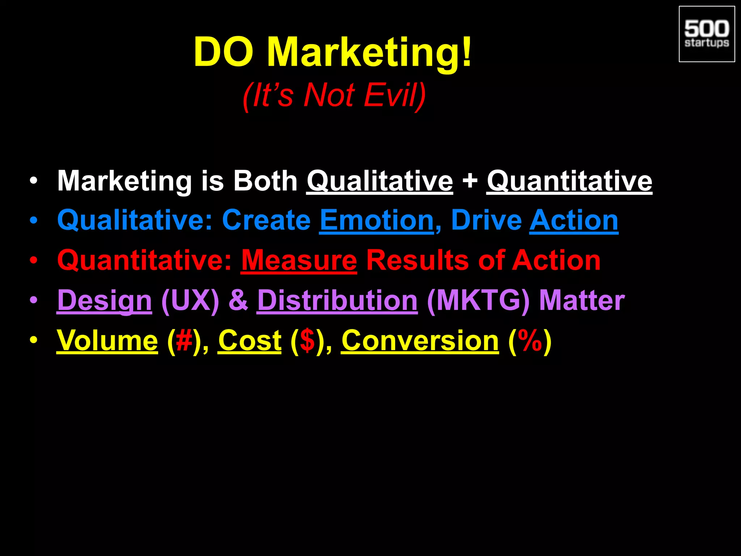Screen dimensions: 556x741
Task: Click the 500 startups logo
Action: (707, 34)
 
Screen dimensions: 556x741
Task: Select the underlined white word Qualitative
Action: (380, 181)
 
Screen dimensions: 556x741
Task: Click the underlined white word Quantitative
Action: (569, 181)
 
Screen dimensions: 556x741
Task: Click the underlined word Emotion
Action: (377, 220)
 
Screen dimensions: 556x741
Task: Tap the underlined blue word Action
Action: (574, 220)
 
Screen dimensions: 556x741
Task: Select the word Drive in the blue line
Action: (486, 220)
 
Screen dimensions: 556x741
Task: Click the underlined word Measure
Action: (299, 261)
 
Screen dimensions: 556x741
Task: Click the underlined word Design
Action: (104, 300)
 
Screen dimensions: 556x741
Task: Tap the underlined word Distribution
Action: (337, 300)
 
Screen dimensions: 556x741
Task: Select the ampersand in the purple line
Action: (238, 300)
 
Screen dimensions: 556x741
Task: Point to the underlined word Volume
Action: (107, 341)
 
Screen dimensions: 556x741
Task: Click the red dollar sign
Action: (308, 341)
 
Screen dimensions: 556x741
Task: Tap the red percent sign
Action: (530, 341)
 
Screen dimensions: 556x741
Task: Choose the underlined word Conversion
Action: (420, 341)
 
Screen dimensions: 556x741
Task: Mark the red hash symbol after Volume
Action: (184, 341)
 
